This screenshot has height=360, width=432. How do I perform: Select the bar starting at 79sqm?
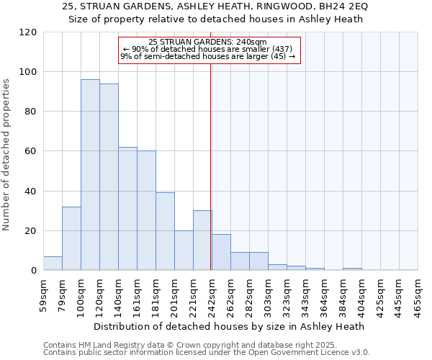(71, 238)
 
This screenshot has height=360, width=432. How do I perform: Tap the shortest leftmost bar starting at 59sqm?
(53, 264)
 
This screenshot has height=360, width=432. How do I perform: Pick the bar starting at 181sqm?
(165, 231)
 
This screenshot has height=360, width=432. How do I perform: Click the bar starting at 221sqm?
(202, 240)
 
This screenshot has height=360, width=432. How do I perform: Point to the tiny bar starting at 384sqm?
(352, 269)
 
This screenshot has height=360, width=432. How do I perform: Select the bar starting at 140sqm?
(127, 209)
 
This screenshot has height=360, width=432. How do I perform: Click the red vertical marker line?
(211, 144)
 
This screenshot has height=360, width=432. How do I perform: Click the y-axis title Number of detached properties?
(7, 156)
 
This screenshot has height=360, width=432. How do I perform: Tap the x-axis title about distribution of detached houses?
(229, 326)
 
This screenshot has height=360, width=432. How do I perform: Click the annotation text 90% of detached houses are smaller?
(207, 49)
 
